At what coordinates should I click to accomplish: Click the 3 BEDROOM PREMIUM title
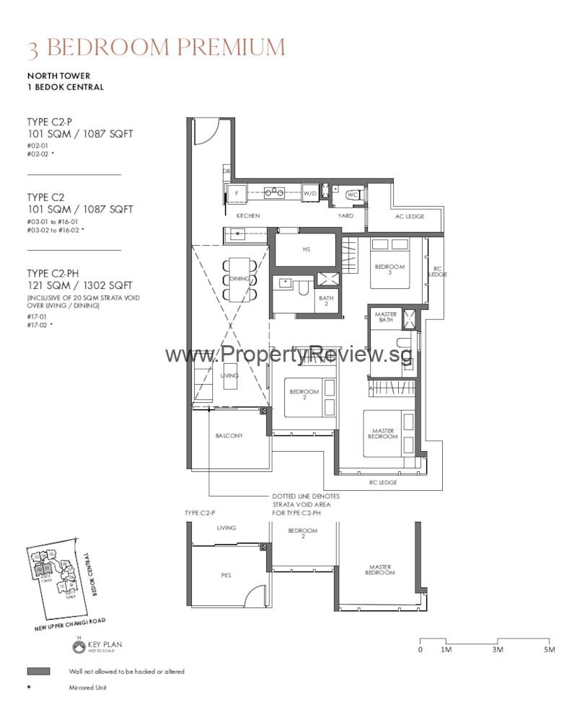click(156, 48)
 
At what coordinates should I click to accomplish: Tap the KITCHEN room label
click(247, 216)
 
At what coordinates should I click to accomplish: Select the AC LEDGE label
click(410, 216)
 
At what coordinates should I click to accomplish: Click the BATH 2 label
click(326, 301)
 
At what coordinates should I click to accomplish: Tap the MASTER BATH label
click(386, 318)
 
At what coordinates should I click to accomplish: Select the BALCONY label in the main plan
click(229, 436)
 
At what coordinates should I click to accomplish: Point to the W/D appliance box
click(309, 193)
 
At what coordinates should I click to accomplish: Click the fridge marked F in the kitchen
click(236, 193)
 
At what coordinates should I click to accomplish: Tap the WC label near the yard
click(352, 195)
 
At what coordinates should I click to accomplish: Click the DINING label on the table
click(239, 279)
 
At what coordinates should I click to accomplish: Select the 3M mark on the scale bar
click(497, 649)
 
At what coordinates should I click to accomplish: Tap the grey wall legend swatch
click(38, 671)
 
